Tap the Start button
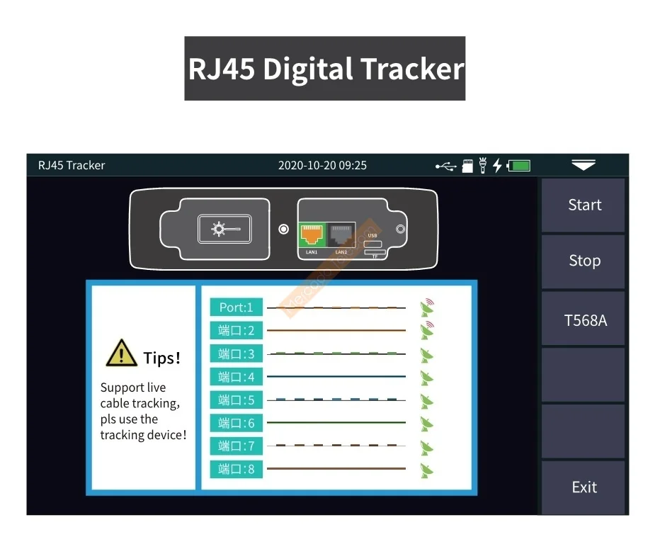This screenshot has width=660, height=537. pos(584,205)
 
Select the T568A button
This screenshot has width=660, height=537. pos(584,320)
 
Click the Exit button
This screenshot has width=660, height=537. pos(584,487)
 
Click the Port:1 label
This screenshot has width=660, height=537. pos(236,307)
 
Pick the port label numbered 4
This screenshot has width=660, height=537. pos(236,376)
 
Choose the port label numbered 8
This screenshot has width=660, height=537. pos(236,469)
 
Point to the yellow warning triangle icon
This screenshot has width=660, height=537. pos(121,354)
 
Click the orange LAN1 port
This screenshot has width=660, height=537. pos(312,234)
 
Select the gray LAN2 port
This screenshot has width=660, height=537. pos(341,234)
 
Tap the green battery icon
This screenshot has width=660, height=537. pos(519,166)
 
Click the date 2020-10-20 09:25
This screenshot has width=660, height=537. pos(322,166)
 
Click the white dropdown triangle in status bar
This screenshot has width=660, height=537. pos(584,165)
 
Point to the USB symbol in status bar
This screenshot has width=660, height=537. pos(445,166)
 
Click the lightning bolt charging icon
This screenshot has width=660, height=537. pos(497,166)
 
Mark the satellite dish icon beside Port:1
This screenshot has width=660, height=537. pos(426,307)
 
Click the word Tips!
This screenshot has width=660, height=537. pos(161,358)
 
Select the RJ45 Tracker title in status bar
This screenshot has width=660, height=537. pos(72,166)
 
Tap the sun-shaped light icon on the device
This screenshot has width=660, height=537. pos(220,229)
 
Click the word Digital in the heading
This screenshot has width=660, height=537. pos(307,69)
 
